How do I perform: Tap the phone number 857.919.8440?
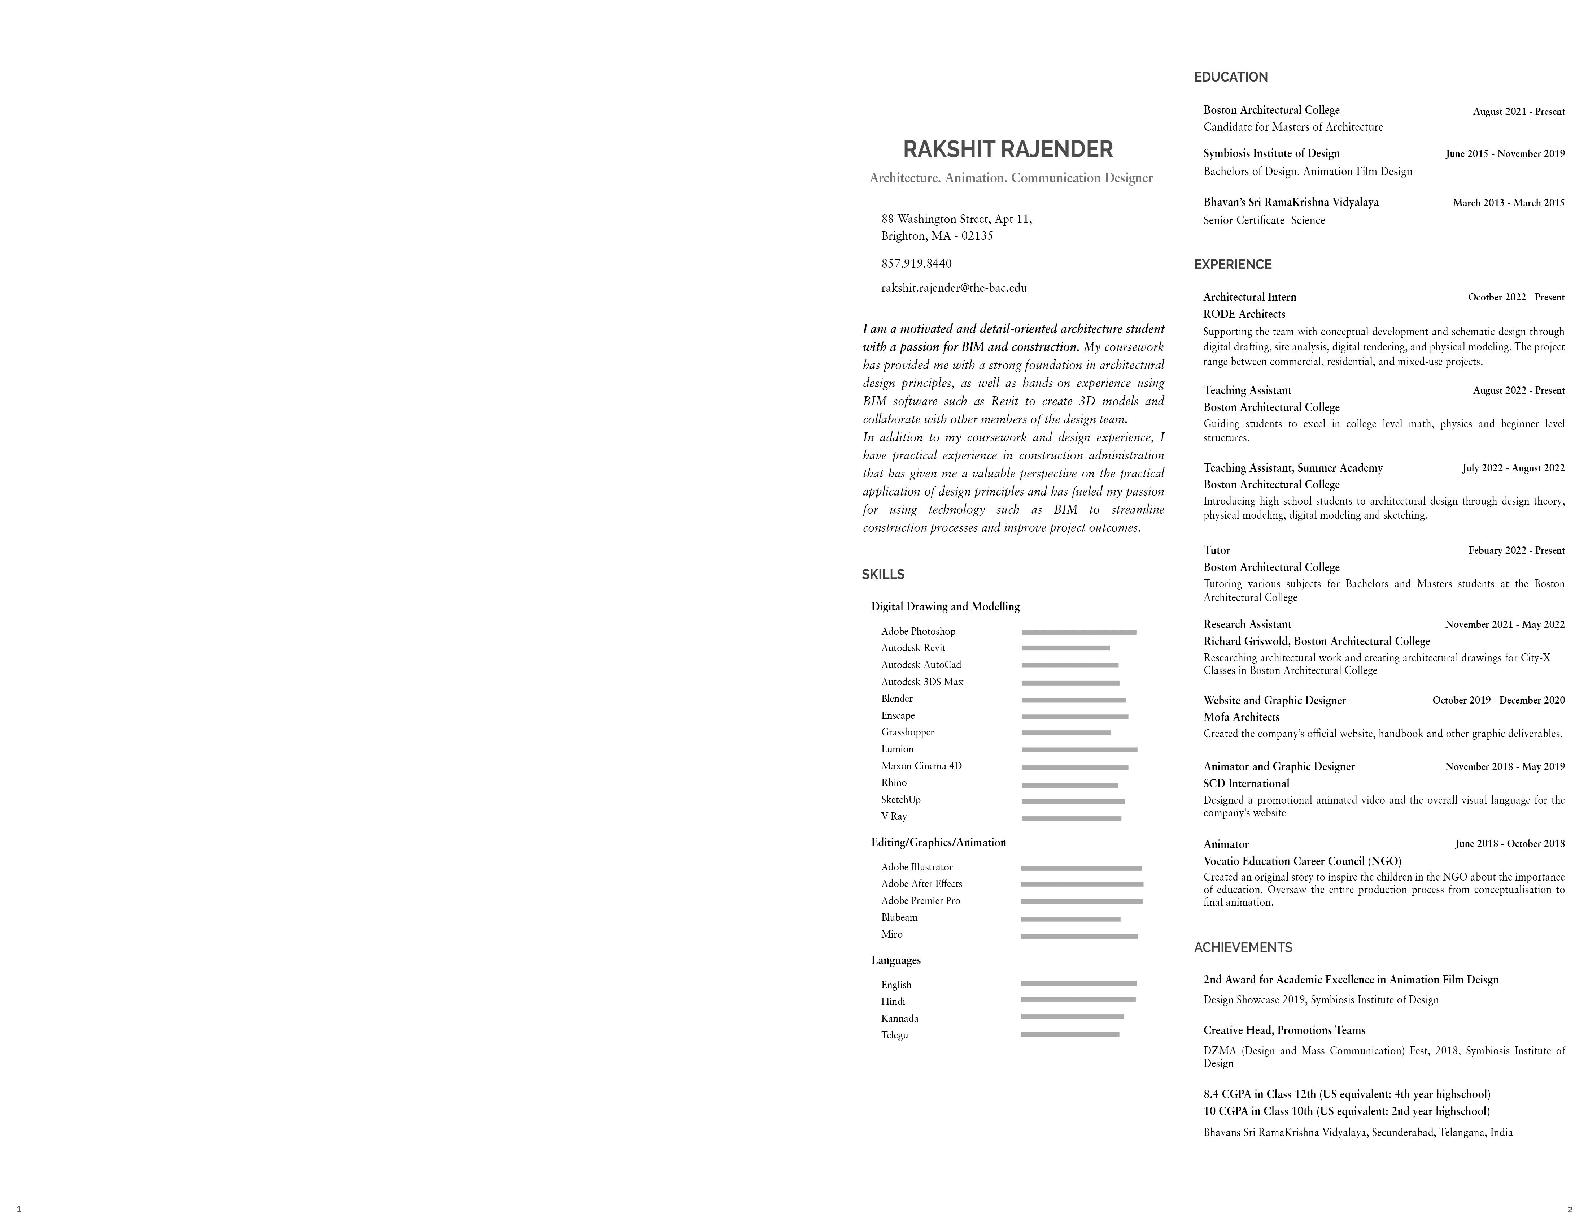(x=916, y=263)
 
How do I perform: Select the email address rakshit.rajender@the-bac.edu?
(x=954, y=288)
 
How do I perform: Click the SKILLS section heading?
(x=883, y=575)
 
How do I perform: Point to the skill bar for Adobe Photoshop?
(x=1078, y=632)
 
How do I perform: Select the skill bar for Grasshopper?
(x=1066, y=732)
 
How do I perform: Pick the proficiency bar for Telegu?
(x=1070, y=1034)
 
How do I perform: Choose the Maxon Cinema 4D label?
(x=921, y=766)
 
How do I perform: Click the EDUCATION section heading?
(x=1230, y=77)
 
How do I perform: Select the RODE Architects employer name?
(x=1244, y=314)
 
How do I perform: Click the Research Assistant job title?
(x=1247, y=624)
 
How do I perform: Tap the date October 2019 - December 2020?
(x=1498, y=701)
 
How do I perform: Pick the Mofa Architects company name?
(x=1241, y=717)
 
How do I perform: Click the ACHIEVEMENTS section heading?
(x=1243, y=948)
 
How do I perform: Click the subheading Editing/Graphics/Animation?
(x=938, y=842)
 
